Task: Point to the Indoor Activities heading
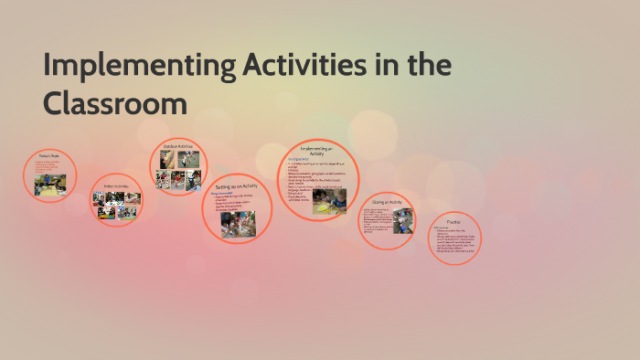pos(116,186)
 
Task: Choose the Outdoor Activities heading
pos(178,147)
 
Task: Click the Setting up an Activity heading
pos(237,186)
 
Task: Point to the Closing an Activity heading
pos(388,202)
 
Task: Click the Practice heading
pos(454,221)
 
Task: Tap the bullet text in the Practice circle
pos(454,241)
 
